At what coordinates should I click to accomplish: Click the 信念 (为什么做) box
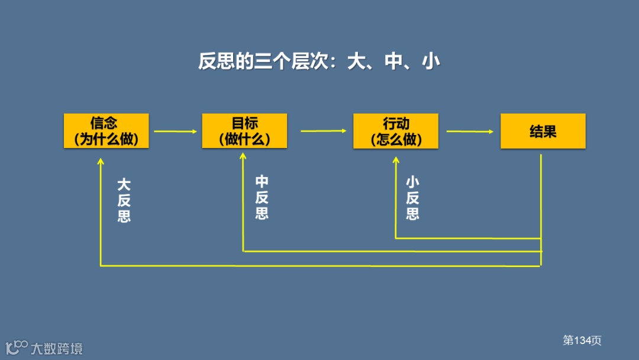click(x=106, y=131)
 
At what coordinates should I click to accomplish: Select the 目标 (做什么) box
click(x=244, y=131)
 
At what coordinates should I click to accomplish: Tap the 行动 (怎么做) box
click(x=396, y=131)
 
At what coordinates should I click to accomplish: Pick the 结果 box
click(x=543, y=131)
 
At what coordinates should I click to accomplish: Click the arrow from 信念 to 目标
click(x=175, y=131)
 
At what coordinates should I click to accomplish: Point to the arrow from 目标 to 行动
click(x=324, y=131)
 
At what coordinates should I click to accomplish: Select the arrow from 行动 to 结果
click(x=470, y=131)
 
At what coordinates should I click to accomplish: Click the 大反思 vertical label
click(x=124, y=200)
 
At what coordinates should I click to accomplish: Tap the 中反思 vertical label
click(x=262, y=197)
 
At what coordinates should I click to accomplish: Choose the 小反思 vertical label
click(x=412, y=198)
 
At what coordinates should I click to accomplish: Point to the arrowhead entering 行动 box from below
click(x=396, y=160)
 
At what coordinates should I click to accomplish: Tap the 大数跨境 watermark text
click(x=57, y=348)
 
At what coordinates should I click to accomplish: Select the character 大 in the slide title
click(x=356, y=62)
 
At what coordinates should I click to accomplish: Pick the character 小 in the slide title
click(x=430, y=62)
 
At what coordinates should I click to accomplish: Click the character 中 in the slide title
click(x=393, y=62)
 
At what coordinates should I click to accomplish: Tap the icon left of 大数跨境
click(x=17, y=348)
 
